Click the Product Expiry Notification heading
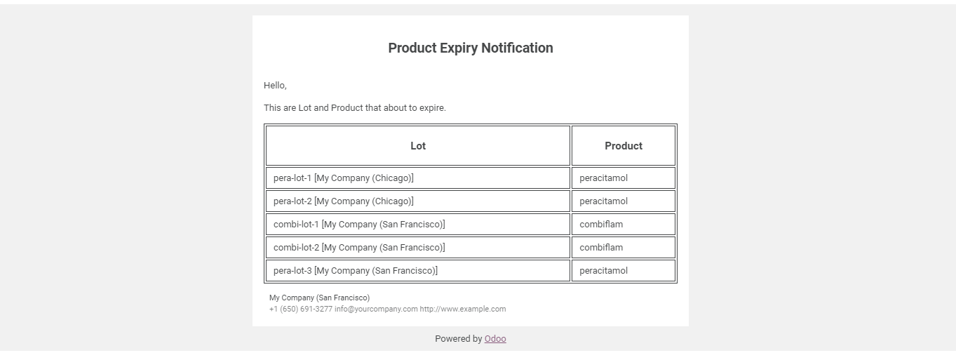(471, 48)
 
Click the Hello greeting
(275, 86)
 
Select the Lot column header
(418, 146)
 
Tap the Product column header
(624, 146)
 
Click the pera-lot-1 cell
(418, 178)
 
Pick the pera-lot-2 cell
(418, 201)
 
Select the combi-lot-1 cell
(418, 224)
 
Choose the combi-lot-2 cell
(418, 247)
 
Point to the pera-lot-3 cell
(418, 270)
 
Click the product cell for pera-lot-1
(624, 178)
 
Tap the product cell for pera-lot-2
(624, 201)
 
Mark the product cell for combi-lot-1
(624, 224)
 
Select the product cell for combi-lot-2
(624, 247)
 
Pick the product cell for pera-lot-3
(624, 270)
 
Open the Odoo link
(495, 339)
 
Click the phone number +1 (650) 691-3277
(301, 309)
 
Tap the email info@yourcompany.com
(376, 309)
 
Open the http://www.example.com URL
(463, 309)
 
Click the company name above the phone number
(319, 298)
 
